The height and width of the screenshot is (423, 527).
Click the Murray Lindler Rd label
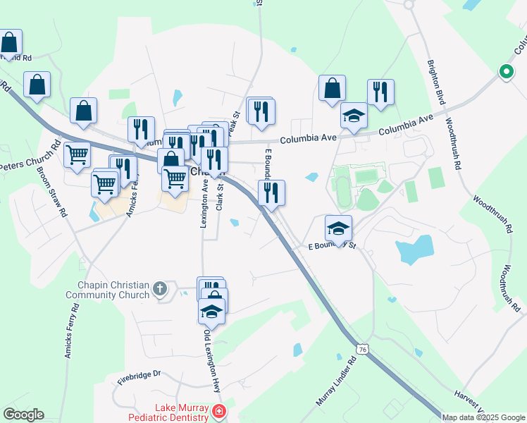click(337, 380)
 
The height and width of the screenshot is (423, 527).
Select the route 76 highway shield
click(362, 350)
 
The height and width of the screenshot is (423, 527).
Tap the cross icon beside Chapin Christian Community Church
click(161, 288)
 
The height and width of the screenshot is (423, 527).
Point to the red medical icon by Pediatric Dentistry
click(220, 410)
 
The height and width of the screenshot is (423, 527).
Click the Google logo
click(23, 415)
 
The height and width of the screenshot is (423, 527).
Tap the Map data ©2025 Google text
click(483, 417)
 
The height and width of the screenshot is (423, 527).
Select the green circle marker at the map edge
click(506, 71)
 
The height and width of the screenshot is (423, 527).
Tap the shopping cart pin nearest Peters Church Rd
click(77, 154)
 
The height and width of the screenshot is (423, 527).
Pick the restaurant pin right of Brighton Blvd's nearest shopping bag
click(380, 92)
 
